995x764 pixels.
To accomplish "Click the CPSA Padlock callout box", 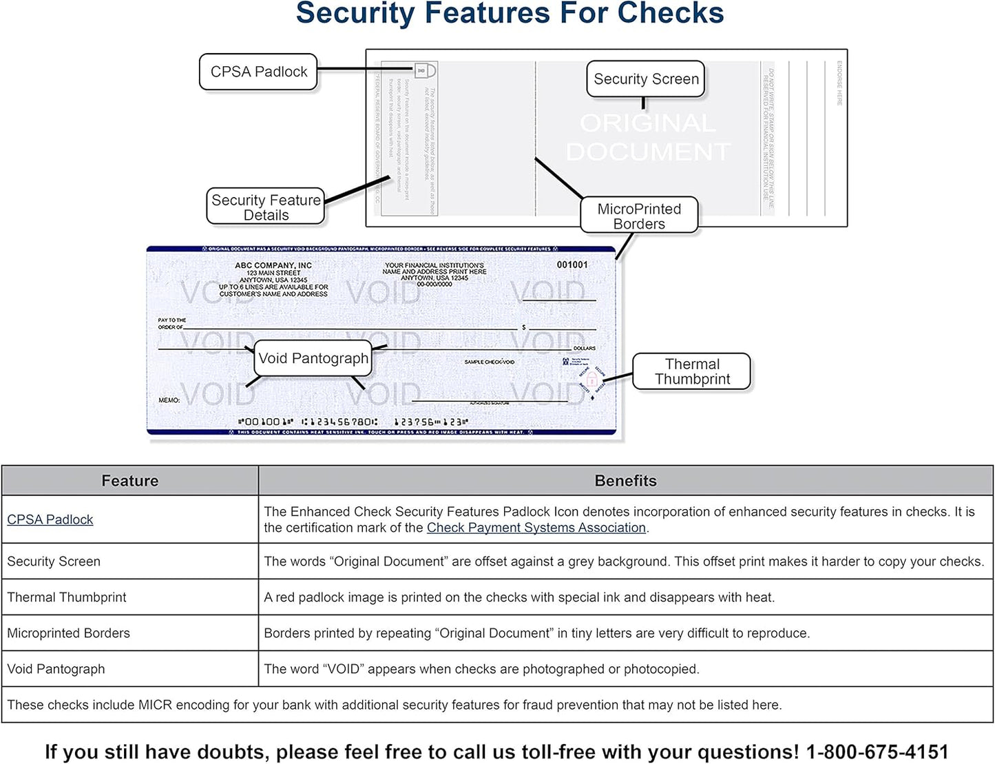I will point(258,72).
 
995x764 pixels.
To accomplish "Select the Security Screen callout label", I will point(645,79).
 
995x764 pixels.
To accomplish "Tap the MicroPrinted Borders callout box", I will point(638,216).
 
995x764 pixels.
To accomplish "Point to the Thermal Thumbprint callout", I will point(691,371).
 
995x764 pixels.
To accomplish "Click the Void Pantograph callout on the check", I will point(313,358).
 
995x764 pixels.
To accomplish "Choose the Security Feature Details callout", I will point(266,207).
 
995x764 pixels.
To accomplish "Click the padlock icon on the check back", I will point(425,70).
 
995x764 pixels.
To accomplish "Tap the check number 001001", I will point(572,265).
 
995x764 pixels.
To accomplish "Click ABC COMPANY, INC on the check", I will point(273,265).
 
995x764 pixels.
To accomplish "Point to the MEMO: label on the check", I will point(169,400).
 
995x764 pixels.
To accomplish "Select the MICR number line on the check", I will point(353,421).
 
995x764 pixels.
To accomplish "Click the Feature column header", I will point(129,481).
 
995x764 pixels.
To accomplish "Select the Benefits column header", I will point(625,481).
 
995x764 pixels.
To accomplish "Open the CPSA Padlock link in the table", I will point(50,519).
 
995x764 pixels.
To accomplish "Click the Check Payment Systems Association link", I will point(536,528).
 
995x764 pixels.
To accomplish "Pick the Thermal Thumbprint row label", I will point(67,597).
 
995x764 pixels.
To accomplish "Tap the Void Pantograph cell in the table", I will point(56,669).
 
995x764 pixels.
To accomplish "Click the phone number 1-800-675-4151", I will point(877,752).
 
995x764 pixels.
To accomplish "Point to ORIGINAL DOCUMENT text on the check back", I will point(647,137).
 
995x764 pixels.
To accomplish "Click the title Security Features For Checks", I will point(510,14).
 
